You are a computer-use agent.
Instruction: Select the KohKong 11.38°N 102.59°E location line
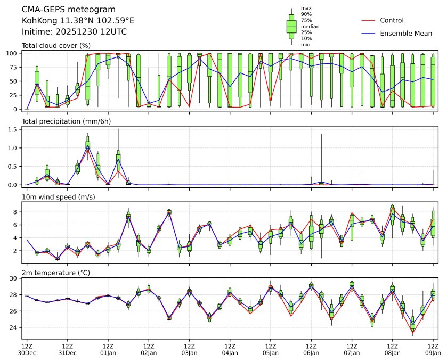tap(78, 21)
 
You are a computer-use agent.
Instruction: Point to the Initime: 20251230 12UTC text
tap(74, 31)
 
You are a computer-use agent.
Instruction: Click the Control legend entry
tap(392, 20)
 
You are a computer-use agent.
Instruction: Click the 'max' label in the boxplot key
tap(306, 8)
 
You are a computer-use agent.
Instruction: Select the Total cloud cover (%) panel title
tap(56, 46)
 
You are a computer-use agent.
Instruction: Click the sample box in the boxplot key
tap(291, 26)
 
